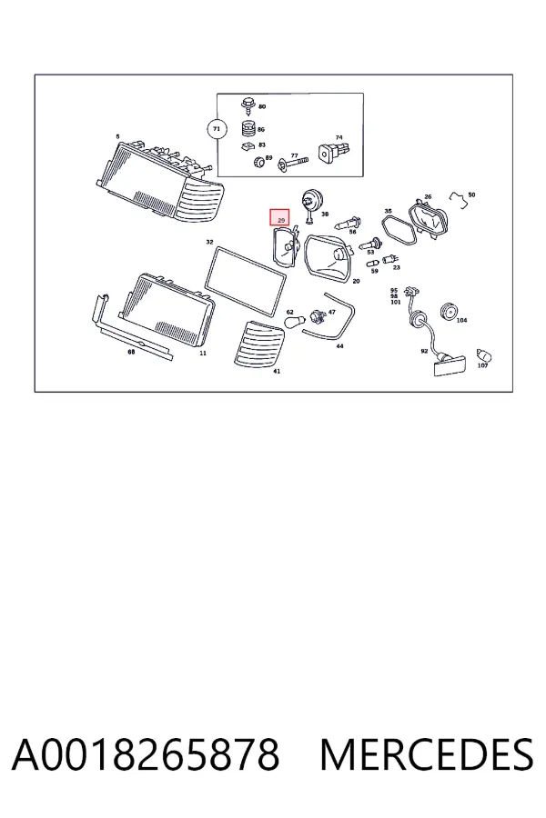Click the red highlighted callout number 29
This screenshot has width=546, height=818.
pyautogui.click(x=279, y=217)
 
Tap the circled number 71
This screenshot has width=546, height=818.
pyautogui.click(x=217, y=129)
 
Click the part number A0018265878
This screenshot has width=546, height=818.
pyautogui.click(x=146, y=754)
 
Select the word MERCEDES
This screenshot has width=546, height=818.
pyautogui.click(x=427, y=754)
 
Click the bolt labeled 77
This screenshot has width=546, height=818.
pyautogui.click(x=293, y=164)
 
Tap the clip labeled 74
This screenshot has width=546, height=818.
pyautogui.click(x=333, y=151)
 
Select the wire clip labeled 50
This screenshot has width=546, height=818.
pyautogui.click(x=459, y=199)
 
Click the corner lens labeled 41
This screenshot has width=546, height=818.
pyautogui.click(x=258, y=344)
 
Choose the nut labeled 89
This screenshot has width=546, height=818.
pyautogui.click(x=258, y=163)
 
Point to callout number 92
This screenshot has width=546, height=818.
pyautogui.click(x=424, y=351)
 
